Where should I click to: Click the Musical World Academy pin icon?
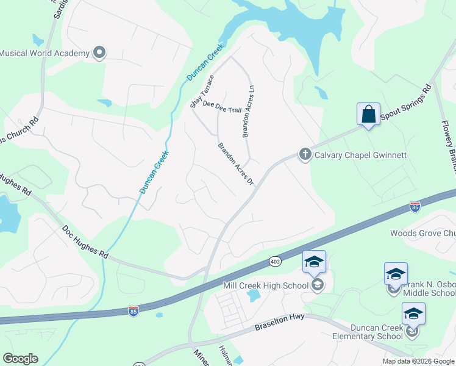coord(99,53)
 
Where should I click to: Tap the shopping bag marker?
coord(368,114)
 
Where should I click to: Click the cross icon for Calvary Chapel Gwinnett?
coord(305,155)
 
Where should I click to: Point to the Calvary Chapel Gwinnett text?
coord(360,155)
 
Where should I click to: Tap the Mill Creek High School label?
coord(266,285)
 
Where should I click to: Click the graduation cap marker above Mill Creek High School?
coord(314,262)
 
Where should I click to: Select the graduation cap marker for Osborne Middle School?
coord(395,274)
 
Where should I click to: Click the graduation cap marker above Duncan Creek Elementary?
coord(413,314)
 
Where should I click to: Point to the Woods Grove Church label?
coord(423,233)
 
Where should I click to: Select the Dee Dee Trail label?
coord(222,107)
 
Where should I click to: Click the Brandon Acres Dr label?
coord(235,164)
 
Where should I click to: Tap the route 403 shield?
coord(275,261)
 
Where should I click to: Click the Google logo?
coord(20,359)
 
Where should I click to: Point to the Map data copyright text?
coord(418,361)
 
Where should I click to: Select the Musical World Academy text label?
coord(45,53)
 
